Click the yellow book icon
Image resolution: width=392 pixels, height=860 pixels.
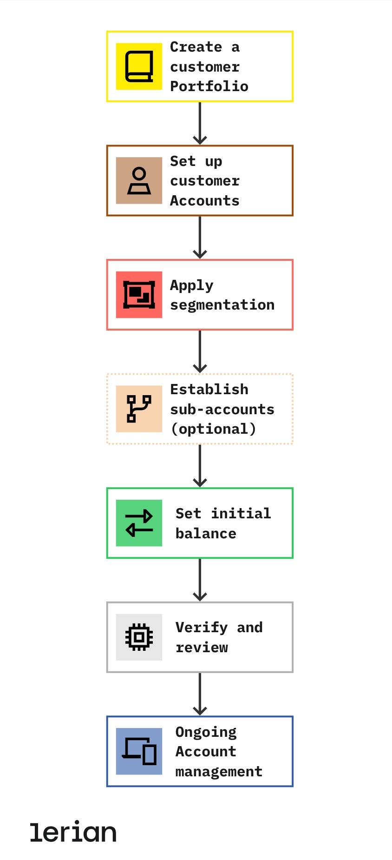139,66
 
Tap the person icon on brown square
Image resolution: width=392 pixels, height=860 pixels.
139,181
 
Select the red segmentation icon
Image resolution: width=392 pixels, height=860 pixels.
139,295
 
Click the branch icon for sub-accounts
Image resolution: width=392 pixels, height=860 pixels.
139,409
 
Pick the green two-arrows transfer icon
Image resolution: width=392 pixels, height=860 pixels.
139,523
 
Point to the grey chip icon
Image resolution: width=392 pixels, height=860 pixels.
139,637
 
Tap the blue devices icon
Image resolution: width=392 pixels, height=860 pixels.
139,751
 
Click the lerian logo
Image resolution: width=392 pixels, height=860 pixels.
73,832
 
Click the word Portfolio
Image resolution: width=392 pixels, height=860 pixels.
209,86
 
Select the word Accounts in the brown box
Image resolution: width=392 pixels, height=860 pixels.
204,201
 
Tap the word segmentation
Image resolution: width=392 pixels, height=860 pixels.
222,305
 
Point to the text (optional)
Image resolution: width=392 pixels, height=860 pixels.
213,429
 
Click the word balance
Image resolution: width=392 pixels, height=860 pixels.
206,534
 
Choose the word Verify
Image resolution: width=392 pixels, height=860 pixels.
202,628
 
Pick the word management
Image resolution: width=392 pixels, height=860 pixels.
219,772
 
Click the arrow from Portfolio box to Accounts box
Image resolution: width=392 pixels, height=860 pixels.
200,123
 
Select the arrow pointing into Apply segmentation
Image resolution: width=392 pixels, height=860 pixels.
200,238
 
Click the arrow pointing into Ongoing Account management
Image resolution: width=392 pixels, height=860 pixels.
200,694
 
